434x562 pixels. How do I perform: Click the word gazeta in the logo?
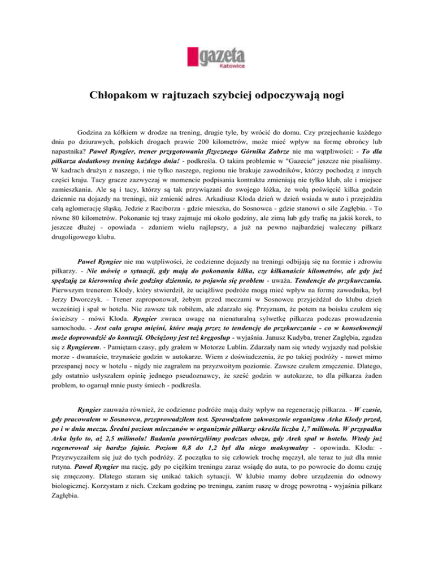coord(223,56)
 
